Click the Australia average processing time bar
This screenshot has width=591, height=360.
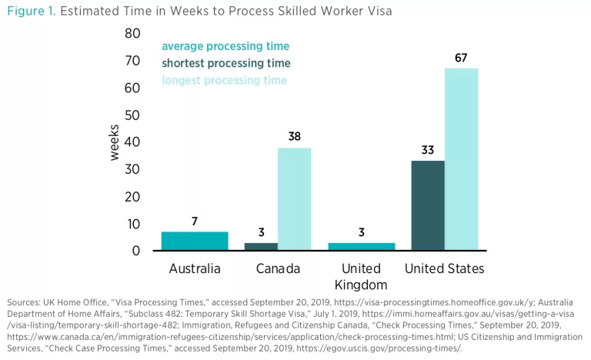tap(195, 241)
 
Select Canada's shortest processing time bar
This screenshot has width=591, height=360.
tap(261, 246)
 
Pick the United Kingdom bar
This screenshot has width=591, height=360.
tap(361, 246)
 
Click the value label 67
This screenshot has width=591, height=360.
tap(461, 58)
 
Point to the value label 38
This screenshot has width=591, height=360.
tap(294, 136)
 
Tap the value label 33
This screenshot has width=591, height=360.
tap(428, 150)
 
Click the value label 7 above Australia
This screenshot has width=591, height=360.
tap(195, 221)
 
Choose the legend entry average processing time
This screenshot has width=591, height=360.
tap(225, 46)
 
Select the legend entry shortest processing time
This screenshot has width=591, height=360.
tap(225, 63)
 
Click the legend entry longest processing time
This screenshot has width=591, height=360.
tap(223, 80)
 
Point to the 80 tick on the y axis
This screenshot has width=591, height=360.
tap(132, 34)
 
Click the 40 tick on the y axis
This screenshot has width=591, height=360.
tap(132, 142)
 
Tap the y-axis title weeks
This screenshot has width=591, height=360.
tap(114, 142)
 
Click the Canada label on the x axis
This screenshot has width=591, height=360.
tap(277, 268)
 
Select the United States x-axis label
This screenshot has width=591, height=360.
tap(445, 268)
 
